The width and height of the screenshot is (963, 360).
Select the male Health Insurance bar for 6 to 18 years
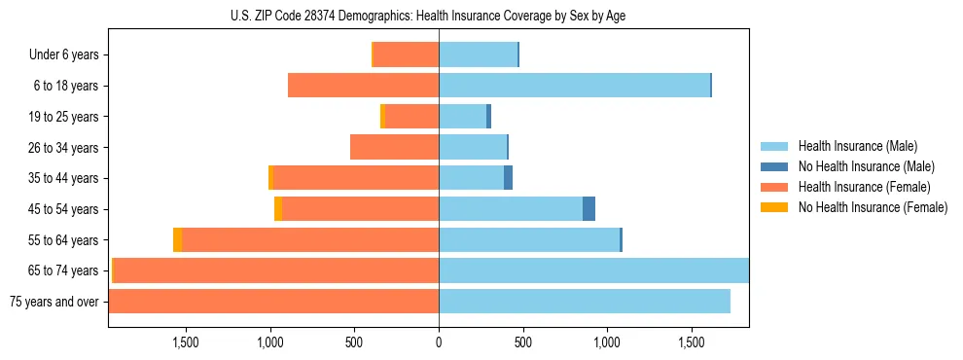coord(574,86)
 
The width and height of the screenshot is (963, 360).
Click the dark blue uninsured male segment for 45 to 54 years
coord(588,208)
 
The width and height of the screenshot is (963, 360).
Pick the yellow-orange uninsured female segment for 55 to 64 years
coord(177,239)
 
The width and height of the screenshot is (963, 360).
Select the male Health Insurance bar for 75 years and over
coord(584,301)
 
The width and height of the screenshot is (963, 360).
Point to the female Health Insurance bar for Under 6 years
coord(406,54)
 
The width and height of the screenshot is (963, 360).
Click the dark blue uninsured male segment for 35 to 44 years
coord(508,178)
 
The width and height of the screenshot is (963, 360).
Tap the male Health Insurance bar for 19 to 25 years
coord(462,116)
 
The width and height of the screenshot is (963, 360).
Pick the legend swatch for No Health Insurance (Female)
coord(775,207)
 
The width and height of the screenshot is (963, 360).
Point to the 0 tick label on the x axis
coord(439,342)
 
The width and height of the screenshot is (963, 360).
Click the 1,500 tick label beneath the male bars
coord(691,342)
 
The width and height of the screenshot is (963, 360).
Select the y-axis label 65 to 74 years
coord(65,270)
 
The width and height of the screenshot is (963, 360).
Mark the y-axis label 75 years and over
coord(53,302)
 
